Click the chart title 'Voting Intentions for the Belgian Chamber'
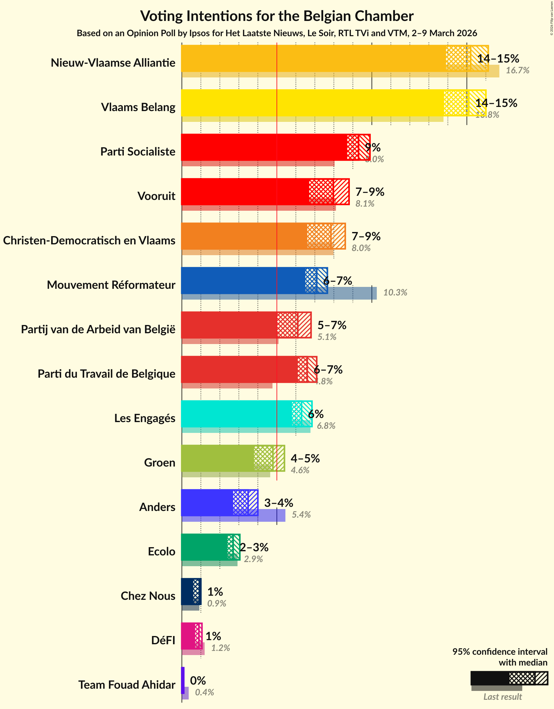tap(277, 16)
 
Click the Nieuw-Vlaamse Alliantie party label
tap(113, 63)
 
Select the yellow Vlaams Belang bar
tap(312, 103)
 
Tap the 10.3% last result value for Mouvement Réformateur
tap(395, 293)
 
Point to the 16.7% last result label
tap(517, 70)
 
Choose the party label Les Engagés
tap(144, 418)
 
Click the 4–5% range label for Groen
tap(305, 458)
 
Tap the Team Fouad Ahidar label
tap(127, 685)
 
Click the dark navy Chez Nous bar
tap(187, 592)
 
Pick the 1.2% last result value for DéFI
tap(221, 648)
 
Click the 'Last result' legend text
tap(502, 697)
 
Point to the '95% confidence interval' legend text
tap(499, 652)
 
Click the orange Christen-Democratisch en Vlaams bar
tap(244, 236)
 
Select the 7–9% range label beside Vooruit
tap(370, 192)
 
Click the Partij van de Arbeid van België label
tap(98, 329)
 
